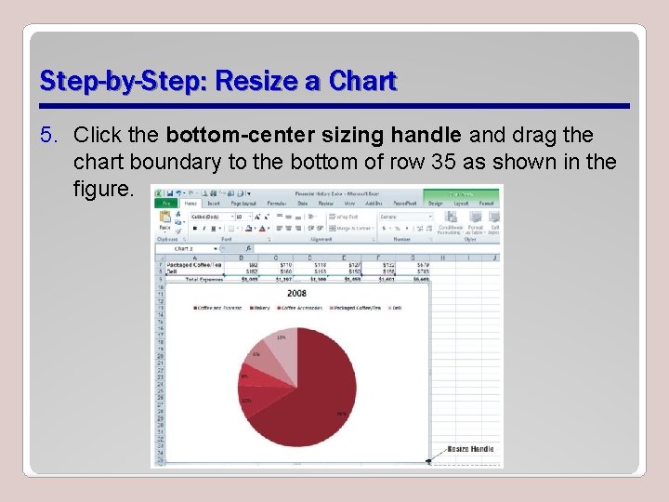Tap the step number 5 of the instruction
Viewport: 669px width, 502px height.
click(x=46, y=136)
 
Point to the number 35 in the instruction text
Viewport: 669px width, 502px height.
click(x=442, y=163)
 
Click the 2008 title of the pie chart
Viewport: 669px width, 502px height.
click(x=296, y=294)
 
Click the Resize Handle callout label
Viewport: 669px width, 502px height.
click(x=470, y=449)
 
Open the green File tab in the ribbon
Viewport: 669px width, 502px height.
click(x=165, y=202)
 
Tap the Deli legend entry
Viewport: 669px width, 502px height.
click(x=397, y=308)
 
